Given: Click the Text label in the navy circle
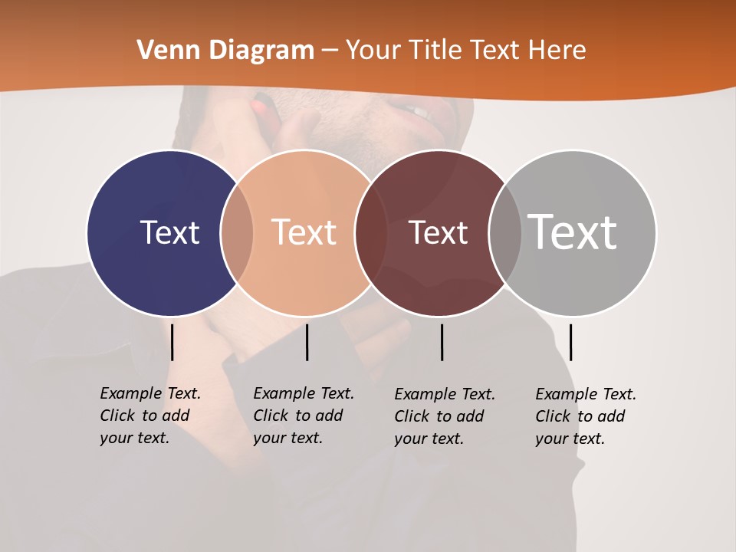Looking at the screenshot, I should [x=169, y=232].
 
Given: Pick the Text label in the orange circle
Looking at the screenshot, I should [x=304, y=232].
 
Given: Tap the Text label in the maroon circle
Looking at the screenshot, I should [x=438, y=232].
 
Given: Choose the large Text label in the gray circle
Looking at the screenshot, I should [x=573, y=232].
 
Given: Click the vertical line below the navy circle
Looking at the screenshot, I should [x=172, y=342].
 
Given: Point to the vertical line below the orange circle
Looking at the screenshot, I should [x=307, y=342].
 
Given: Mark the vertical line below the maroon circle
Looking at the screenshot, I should [x=442, y=342].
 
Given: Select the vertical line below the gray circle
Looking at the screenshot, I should [x=570, y=342].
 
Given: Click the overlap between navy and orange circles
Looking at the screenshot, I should [x=237, y=232].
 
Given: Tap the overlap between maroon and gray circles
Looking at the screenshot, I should [x=505, y=232].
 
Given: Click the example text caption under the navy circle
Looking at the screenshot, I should [x=150, y=416].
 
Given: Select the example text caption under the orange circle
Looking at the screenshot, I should [x=304, y=416].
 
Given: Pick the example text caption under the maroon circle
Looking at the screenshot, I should [x=445, y=416].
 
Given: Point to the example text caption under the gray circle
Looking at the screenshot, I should [x=586, y=416].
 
